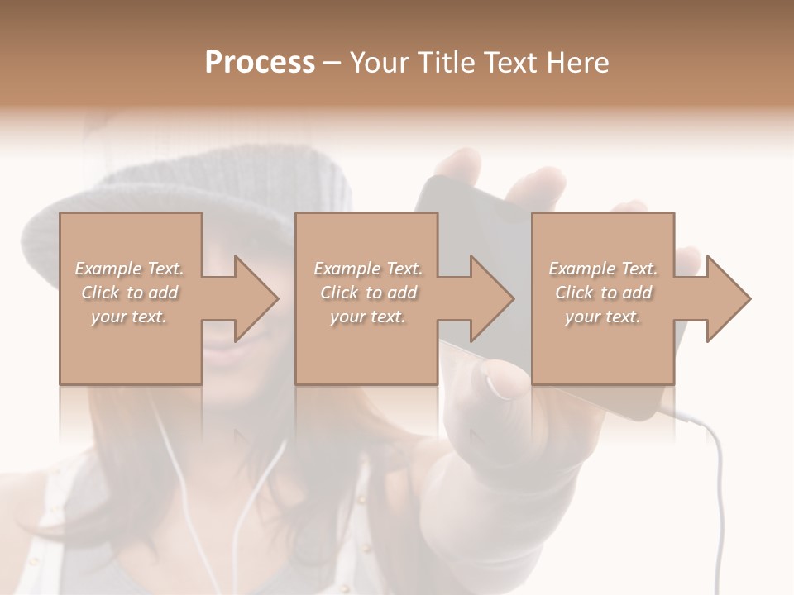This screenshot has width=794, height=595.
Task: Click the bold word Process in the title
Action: click(260, 63)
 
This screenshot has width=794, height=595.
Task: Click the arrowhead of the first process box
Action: click(256, 298)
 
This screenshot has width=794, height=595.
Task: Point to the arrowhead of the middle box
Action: click(491, 298)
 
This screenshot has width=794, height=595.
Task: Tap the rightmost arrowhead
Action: click(728, 298)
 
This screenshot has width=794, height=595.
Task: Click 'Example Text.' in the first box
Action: click(129, 269)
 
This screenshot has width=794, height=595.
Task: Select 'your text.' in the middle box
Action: click(367, 317)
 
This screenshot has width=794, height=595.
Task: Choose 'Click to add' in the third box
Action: click(603, 293)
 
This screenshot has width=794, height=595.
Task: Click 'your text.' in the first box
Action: click(128, 317)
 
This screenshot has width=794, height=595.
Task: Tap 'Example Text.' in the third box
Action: click(603, 269)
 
